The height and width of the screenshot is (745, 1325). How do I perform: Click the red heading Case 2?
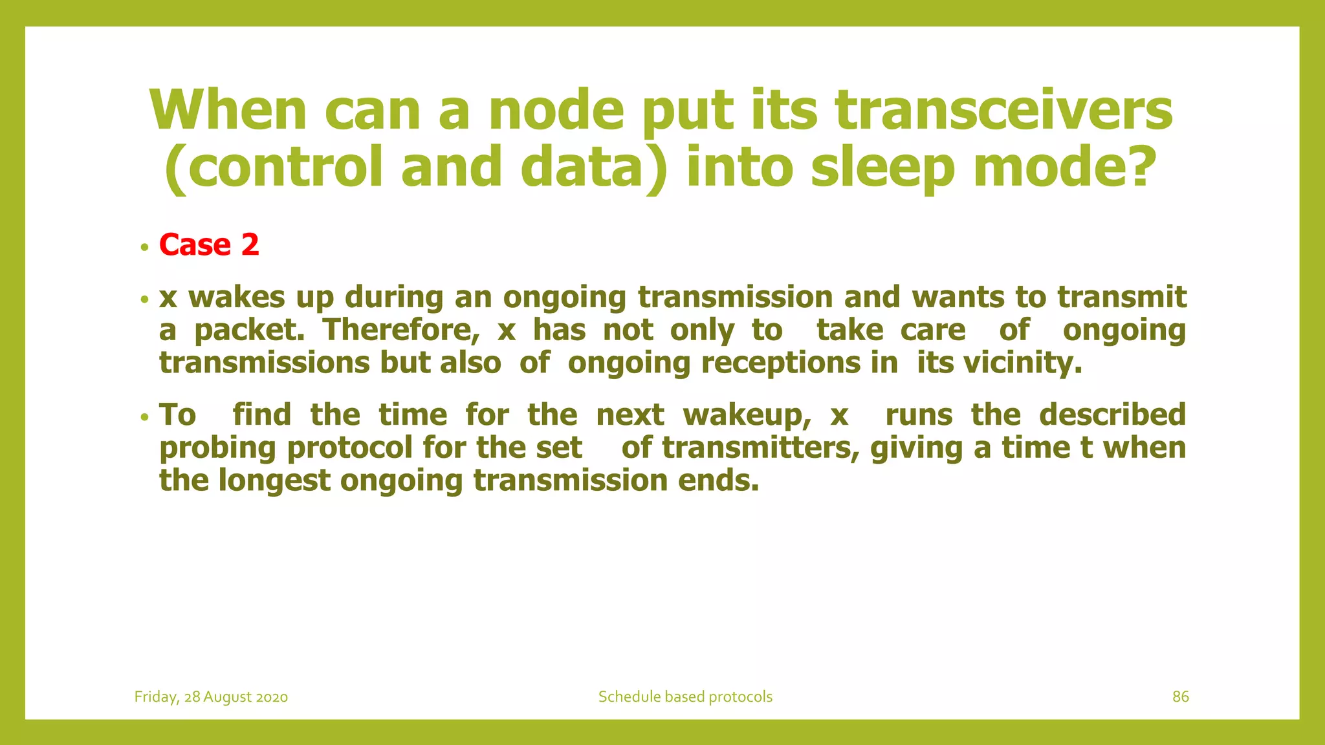(209, 245)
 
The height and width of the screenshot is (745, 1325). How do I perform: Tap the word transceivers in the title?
(1003, 110)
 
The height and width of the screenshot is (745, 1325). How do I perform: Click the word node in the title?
(556, 110)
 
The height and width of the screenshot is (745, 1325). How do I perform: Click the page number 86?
(1180, 696)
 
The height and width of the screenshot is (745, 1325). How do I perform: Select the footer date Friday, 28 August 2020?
(211, 696)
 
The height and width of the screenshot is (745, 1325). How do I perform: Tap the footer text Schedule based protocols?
(685, 696)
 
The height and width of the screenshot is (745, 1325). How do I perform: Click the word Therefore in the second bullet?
(401, 330)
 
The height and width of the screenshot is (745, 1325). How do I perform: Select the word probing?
(217, 448)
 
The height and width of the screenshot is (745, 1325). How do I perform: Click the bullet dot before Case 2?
(144, 248)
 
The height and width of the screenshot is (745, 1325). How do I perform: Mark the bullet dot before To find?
(144, 417)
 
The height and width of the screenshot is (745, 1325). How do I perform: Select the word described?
(1112, 415)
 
